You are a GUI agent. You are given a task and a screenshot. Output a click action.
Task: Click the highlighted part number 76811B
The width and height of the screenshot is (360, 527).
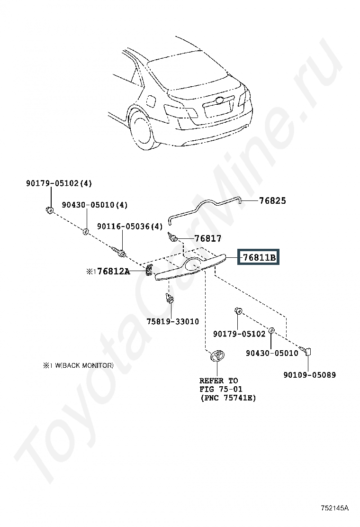(x=259, y=258)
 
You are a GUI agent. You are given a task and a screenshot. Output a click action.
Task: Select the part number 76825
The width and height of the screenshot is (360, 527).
(x=272, y=200)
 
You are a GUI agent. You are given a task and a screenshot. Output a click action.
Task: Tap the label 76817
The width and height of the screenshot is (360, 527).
(x=208, y=238)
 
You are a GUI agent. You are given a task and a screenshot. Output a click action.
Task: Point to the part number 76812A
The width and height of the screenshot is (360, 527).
(x=113, y=272)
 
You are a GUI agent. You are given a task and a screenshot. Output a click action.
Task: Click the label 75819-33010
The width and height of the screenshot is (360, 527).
(x=172, y=321)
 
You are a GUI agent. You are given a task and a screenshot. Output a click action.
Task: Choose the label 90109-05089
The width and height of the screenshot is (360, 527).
(x=310, y=375)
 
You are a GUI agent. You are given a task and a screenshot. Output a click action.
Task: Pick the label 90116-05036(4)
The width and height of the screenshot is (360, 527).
(x=130, y=227)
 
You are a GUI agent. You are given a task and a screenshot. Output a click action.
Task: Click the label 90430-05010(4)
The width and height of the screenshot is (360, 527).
(x=95, y=205)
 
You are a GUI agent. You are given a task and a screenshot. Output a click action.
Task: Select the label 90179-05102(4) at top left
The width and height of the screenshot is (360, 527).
(x=59, y=183)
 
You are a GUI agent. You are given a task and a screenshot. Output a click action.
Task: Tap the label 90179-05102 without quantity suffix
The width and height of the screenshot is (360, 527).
(x=239, y=334)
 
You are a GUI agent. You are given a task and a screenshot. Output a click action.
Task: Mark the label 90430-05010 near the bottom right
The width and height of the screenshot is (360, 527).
(x=272, y=353)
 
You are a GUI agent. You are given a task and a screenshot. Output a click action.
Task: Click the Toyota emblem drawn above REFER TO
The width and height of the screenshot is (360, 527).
(x=216, y=356)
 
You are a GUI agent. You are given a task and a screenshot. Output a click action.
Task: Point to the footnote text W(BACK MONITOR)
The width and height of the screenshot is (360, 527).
(x=82, y=365)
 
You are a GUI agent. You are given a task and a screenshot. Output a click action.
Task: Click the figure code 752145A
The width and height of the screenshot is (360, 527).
(x=334, y=508)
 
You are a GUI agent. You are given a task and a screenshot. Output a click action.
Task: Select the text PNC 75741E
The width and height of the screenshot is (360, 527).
(x=227, y=398)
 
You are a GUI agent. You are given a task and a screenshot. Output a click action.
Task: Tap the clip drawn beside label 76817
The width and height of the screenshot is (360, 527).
(x=173, y=236)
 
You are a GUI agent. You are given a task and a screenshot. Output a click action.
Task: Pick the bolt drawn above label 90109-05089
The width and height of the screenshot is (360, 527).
(x=306, y=351)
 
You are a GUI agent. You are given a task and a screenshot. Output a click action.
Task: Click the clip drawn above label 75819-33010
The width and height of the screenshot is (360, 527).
(x=169, y=298)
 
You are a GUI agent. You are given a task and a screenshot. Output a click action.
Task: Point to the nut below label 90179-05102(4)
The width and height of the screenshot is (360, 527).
(x=49, y=210)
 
